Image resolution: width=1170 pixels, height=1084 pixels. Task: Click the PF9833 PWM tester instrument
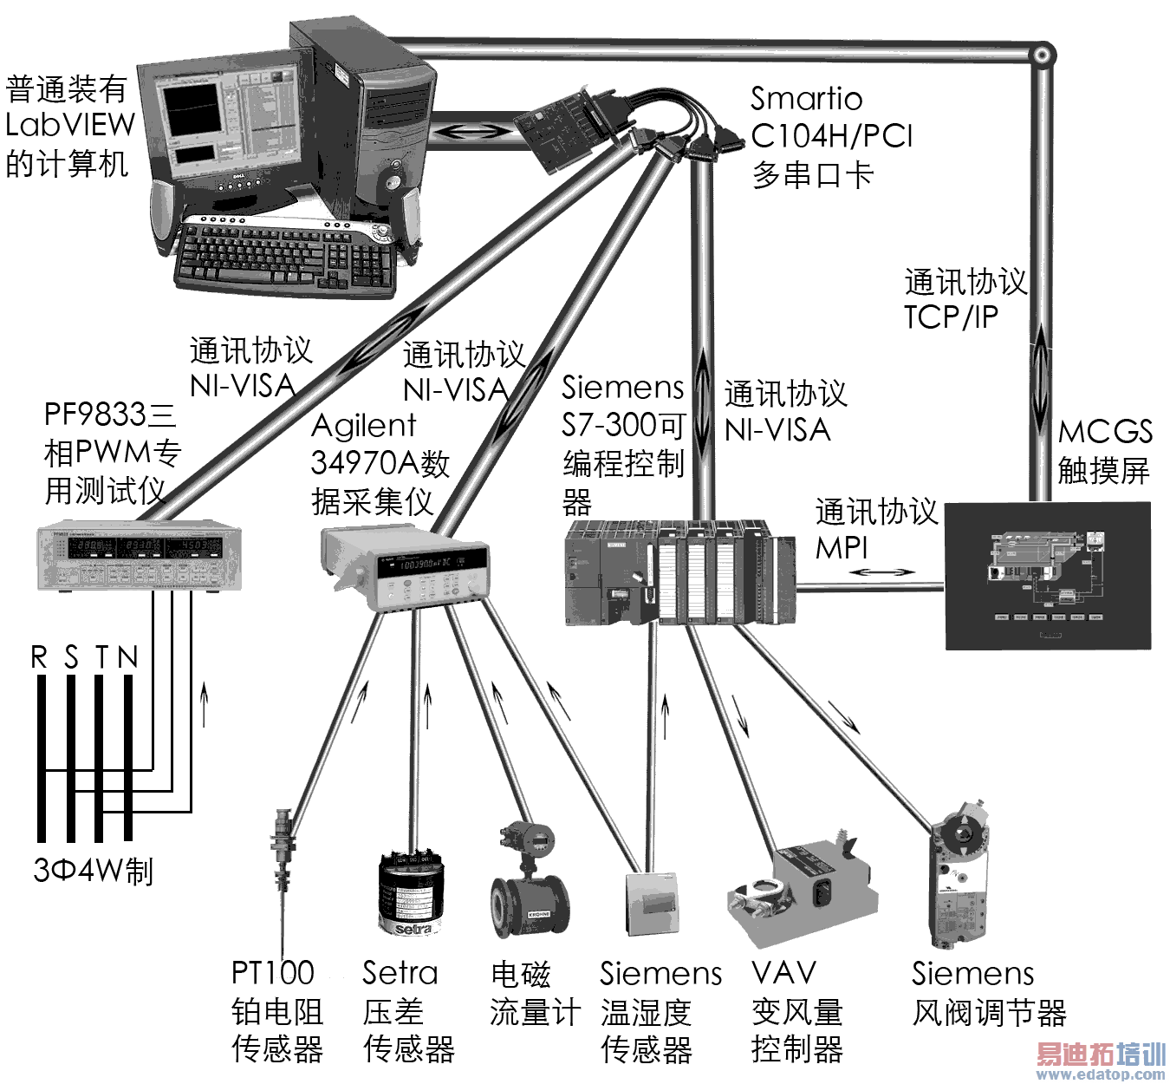click(140, 556)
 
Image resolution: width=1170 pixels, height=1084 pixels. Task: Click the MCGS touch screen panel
click(1047, 576)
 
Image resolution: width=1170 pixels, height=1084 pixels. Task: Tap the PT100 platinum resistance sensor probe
click(282, 876)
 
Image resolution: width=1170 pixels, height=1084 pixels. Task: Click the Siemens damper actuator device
click(958, 885)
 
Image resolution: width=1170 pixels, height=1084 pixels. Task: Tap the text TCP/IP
click(951, 317)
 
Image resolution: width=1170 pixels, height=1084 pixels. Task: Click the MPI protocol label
click(841, 548)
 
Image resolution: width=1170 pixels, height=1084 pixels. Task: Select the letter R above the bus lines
click(39, 658)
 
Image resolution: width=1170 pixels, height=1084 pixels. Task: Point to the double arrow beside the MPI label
click(881, 572)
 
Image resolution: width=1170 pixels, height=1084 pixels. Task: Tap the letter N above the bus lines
click(128, 658)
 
